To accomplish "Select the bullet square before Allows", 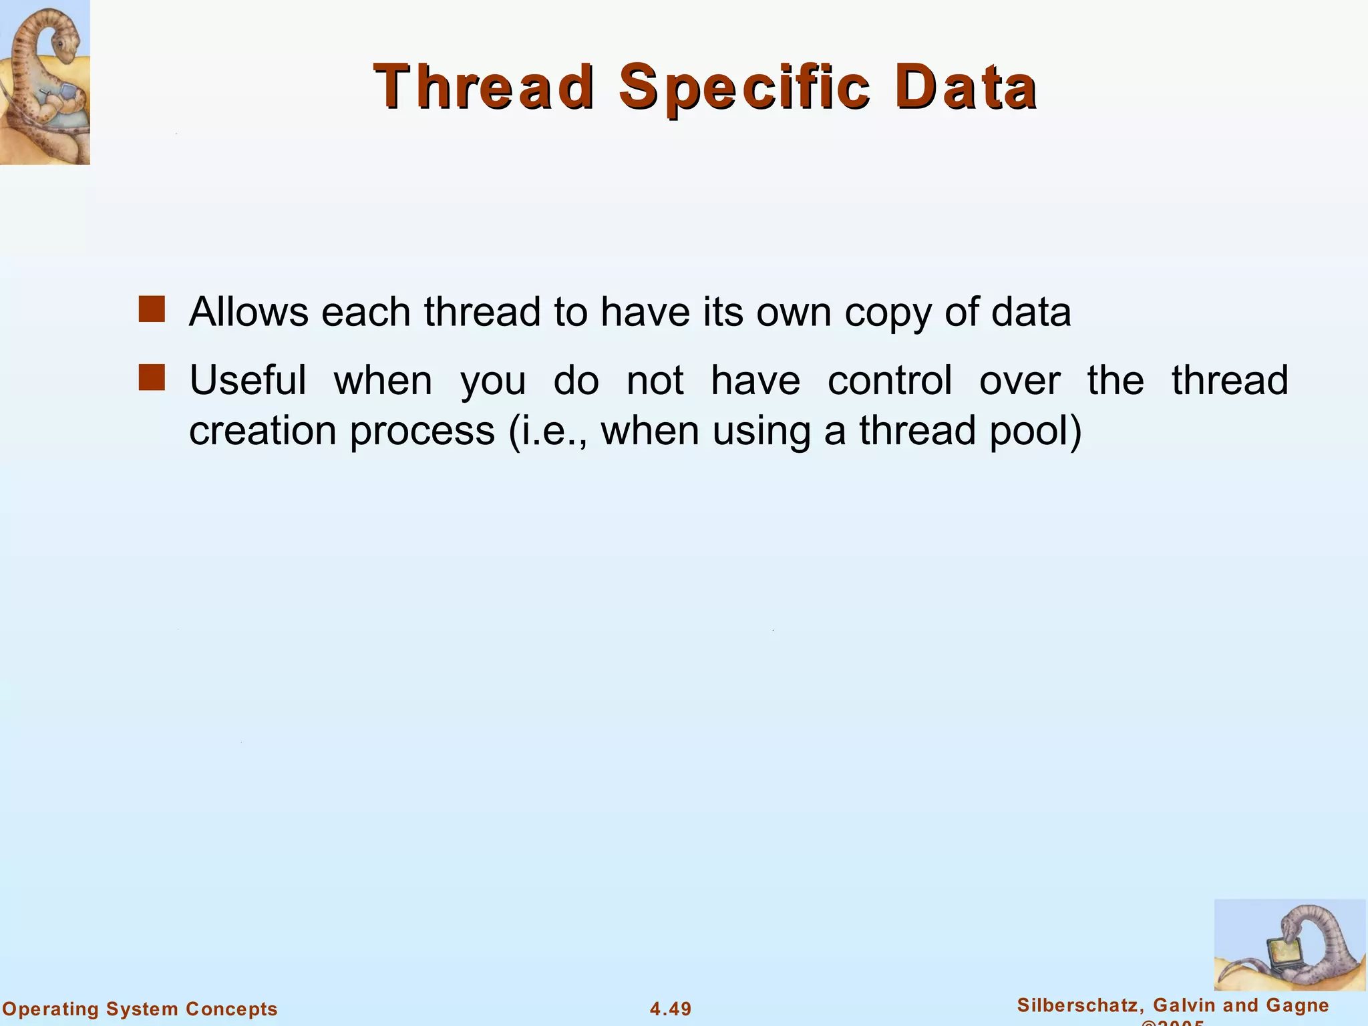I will [x=152, y=310].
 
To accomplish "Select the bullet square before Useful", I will [x=152, y=377].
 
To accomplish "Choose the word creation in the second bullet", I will [x=263, y=431].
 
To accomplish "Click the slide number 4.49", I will [x=671, y=1009].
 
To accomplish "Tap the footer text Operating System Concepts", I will [x=140, y=1009].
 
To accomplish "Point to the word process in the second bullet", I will [x=422, y=432].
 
